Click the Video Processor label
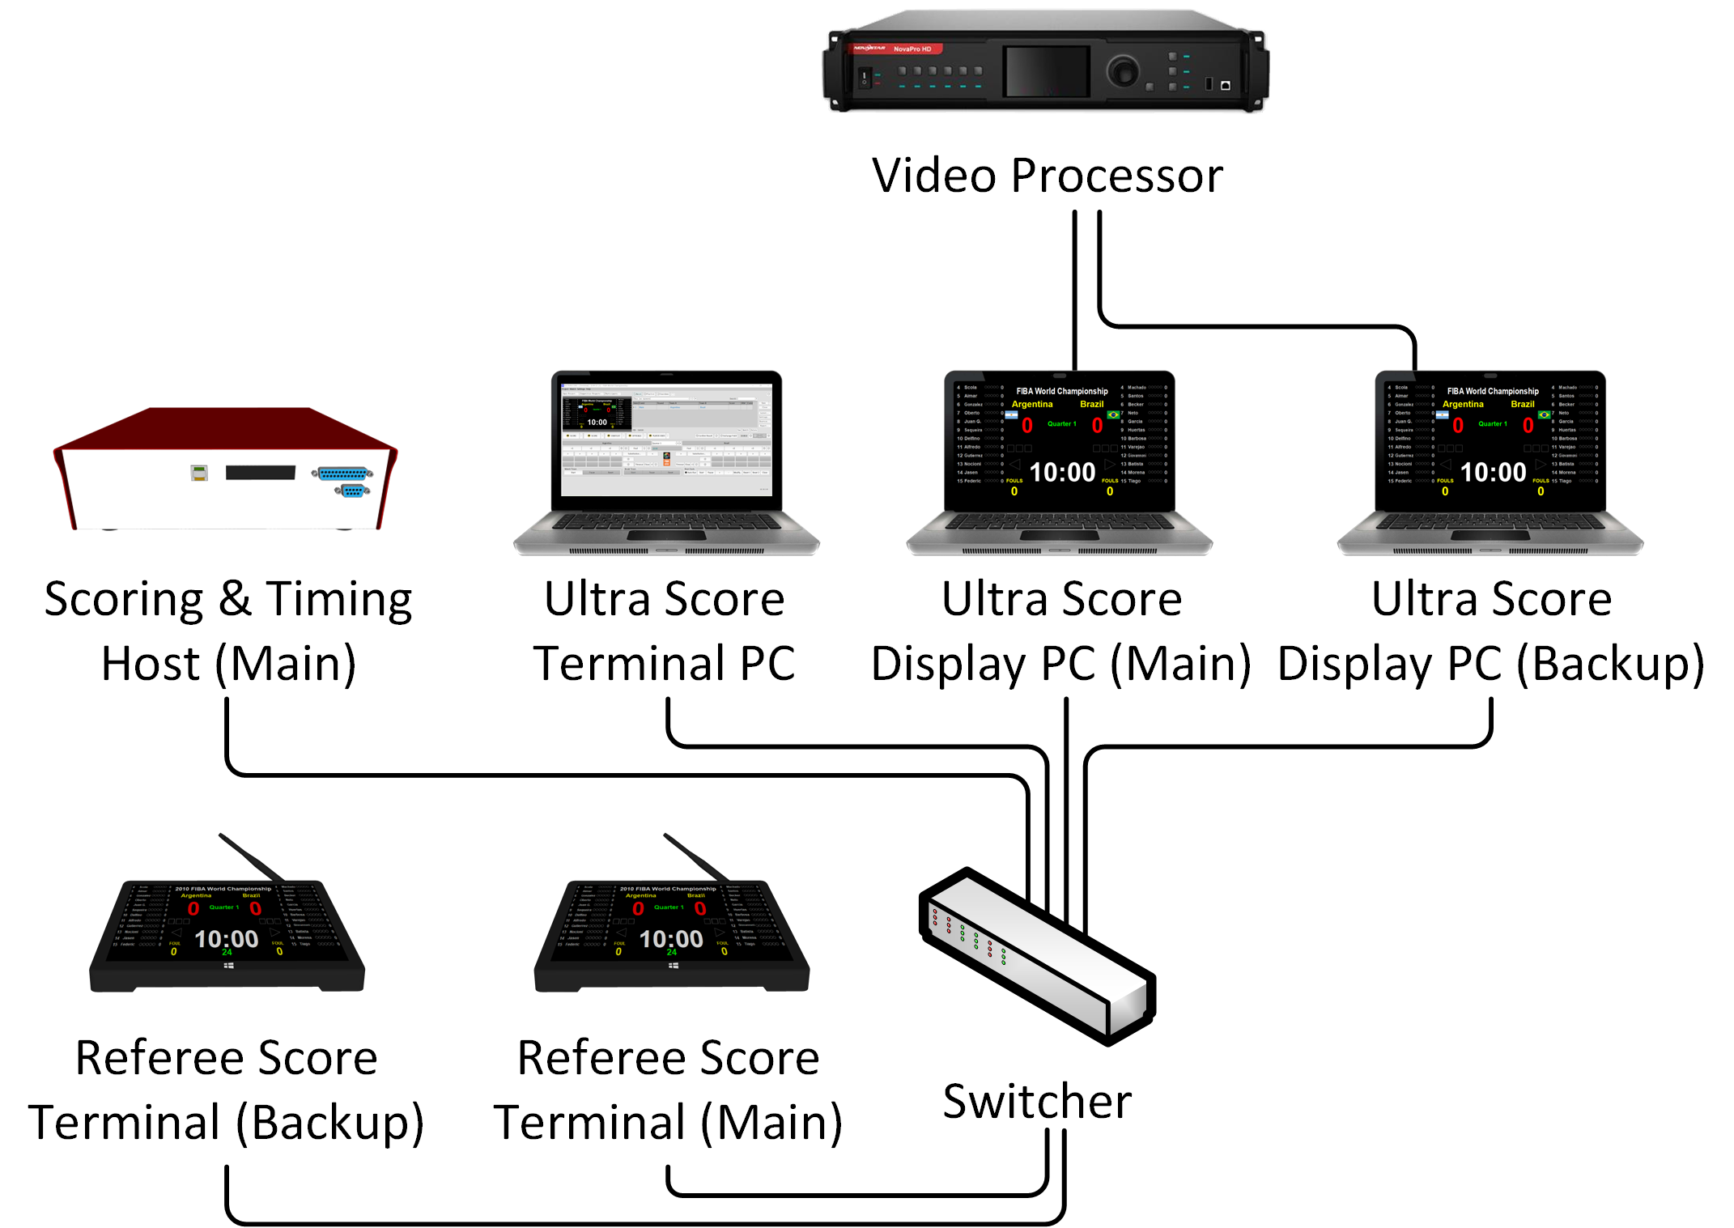pyautogui.click(x=1047, y=176)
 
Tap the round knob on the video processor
pyautogui.click(x=1123, y=70)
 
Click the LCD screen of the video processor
pyautogui.click(x=1046, y=71)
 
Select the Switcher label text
pyautogui.click(x=1037, y=1102)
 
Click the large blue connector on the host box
pyautogui.click(x=344, y=473)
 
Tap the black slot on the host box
pyautogui.click(x=260, y=473)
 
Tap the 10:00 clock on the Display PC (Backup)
pyautogui.click(x=1493, y=472)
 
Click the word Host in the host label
pyautogui.click(x=150, y=665)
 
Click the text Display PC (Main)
pyautogui.click(x=1060, y=665)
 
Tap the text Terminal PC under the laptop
pyautogui.click(x=664, y=665)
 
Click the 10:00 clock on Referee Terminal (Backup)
pyautogui.click(x=227, y=939)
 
